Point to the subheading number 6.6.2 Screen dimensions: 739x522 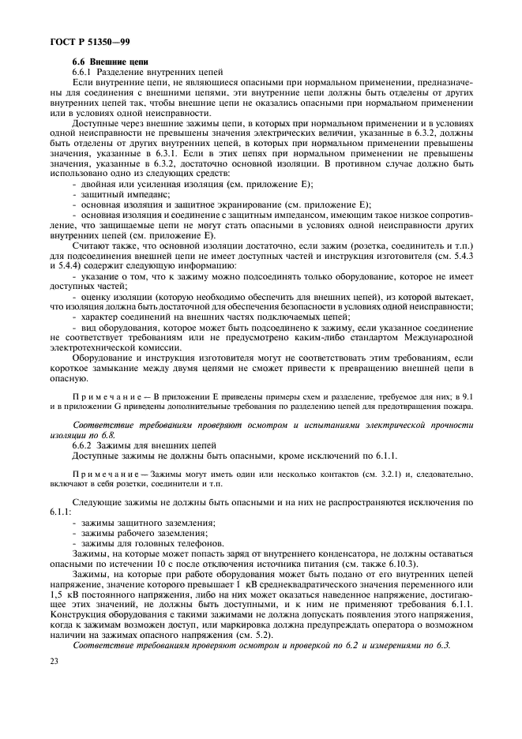(84, 446)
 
